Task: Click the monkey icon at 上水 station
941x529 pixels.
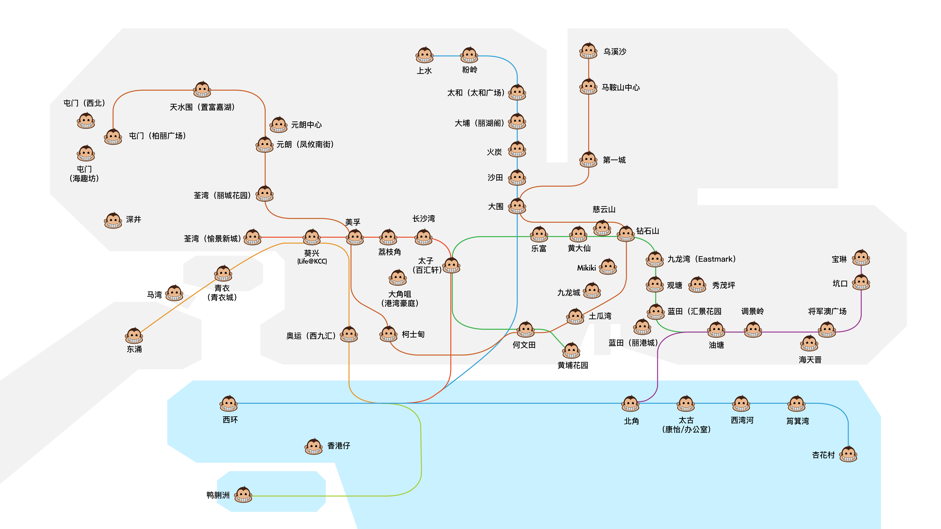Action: point(425,55)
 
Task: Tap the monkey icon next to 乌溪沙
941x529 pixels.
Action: point(588,51)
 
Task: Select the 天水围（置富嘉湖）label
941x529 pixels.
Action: point(202,107)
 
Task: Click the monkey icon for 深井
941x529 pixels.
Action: point(113,220)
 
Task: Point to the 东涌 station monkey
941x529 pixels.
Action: point(134,336)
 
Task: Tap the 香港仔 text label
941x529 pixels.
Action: point(339,446)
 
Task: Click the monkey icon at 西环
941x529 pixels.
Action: point(229,403)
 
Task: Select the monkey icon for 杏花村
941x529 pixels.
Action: point(848,454)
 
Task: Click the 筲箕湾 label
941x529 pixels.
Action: point(798,421)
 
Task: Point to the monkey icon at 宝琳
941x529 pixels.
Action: point(861,258)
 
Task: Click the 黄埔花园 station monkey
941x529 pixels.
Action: point(571,350)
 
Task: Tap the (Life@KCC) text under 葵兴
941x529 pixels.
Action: point(312,261)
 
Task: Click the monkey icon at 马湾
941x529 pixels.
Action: point(175,293)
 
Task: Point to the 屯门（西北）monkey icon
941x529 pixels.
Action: point(86,120)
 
